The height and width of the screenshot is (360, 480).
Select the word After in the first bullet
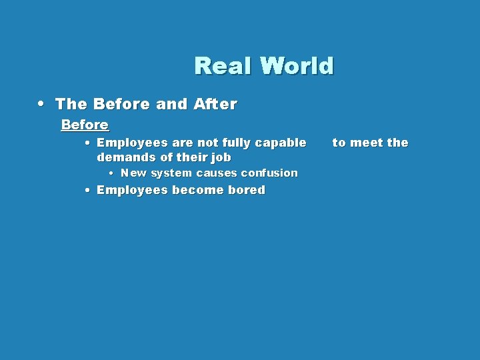[x=215, y=104]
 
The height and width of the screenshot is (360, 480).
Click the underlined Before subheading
[x=85, y=125]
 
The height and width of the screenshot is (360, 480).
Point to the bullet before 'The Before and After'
[x=42, y=104]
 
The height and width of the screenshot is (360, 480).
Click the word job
[x=221, y=157]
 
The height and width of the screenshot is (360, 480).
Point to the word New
[x=133, y=173]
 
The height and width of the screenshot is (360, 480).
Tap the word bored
[x=247, y=190]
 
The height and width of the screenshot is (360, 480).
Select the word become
[x=198, y=190]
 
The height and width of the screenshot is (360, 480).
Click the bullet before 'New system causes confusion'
[x=111, y=173]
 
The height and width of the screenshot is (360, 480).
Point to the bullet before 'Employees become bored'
[x=88, y=190]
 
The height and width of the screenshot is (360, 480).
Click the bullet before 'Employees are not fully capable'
[x=88, y=143]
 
